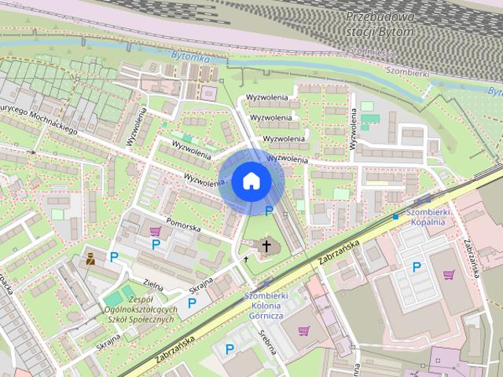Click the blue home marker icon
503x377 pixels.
point(250,181)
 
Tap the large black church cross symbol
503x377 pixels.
point(266,246)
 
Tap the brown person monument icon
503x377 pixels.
point(91,258)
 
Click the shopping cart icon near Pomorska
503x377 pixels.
point(156,231)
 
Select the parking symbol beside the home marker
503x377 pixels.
point(270,210)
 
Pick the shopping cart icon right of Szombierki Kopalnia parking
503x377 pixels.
point(448,274)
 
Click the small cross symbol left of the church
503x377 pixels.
point(246,257)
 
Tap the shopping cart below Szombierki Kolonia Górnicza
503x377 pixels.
point(303,331)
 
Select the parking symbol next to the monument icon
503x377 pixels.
point(114,257)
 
